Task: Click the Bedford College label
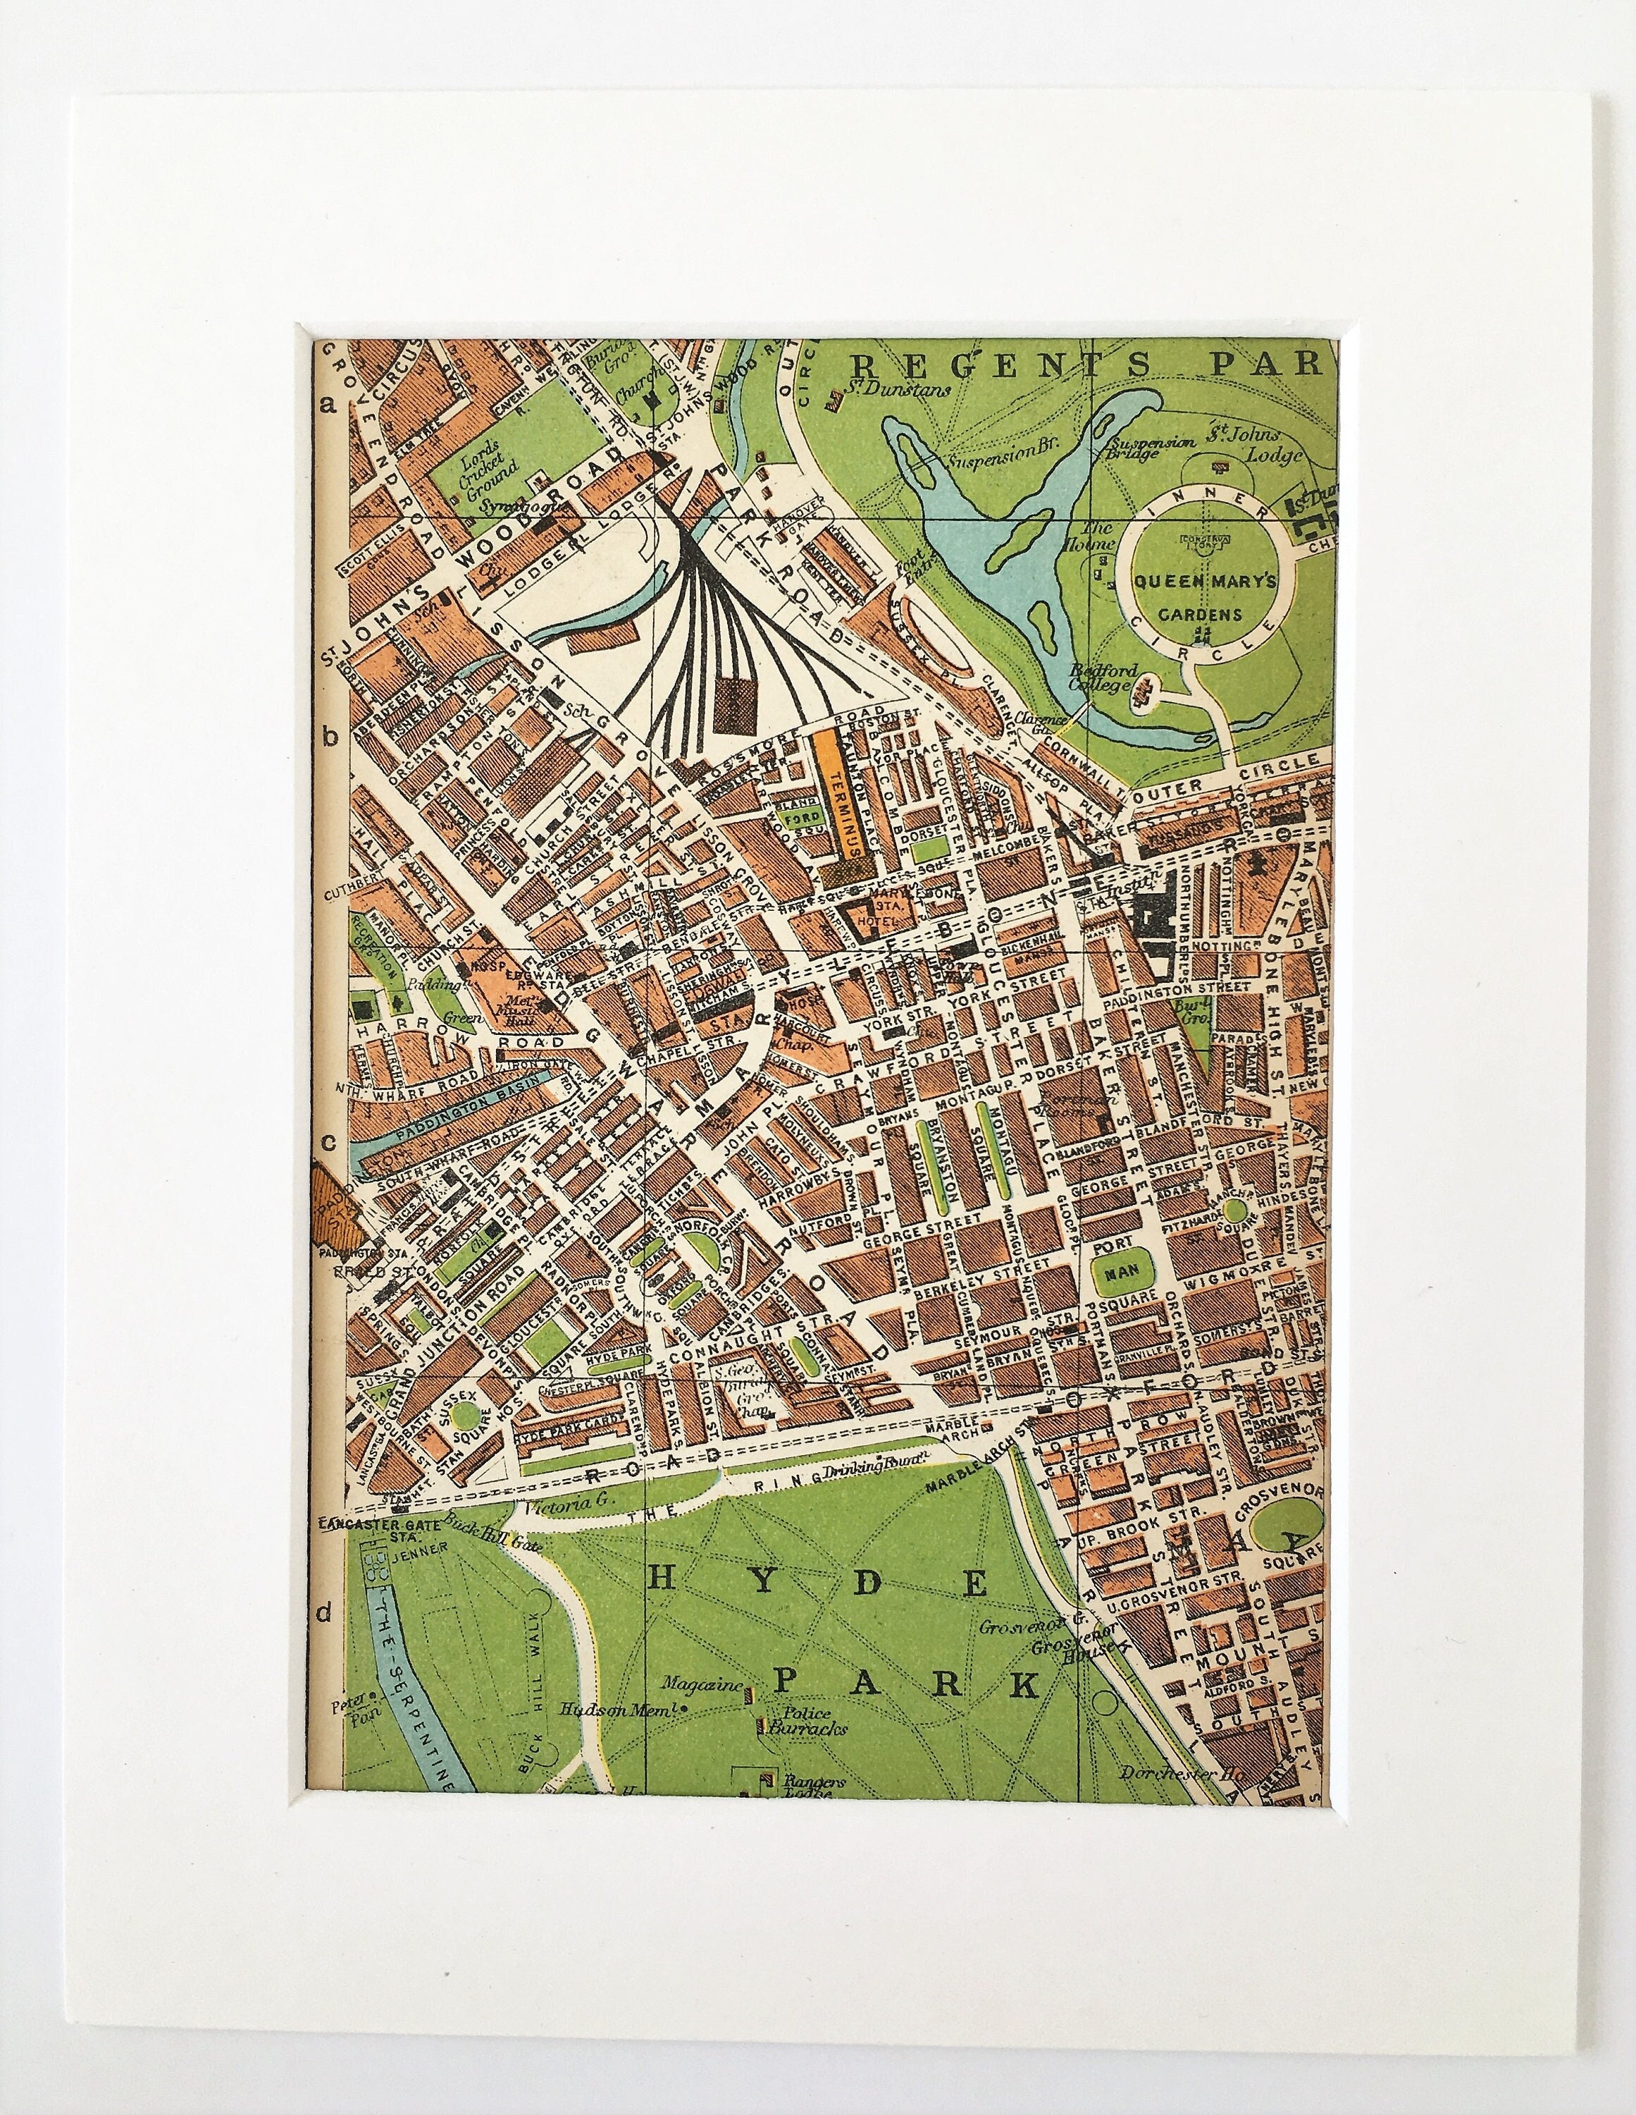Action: [1098, 678]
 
